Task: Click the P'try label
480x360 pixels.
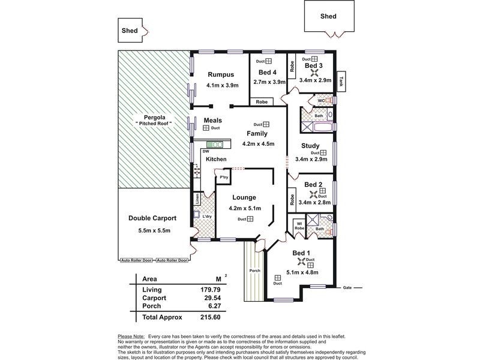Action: coord(223,178)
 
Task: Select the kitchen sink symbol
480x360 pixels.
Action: coord(215,144)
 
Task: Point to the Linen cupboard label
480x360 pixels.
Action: coord(196,199)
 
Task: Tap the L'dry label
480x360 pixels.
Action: coord(208,216)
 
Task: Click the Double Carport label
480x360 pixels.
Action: coord(152,218)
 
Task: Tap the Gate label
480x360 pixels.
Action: coord(347,287)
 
